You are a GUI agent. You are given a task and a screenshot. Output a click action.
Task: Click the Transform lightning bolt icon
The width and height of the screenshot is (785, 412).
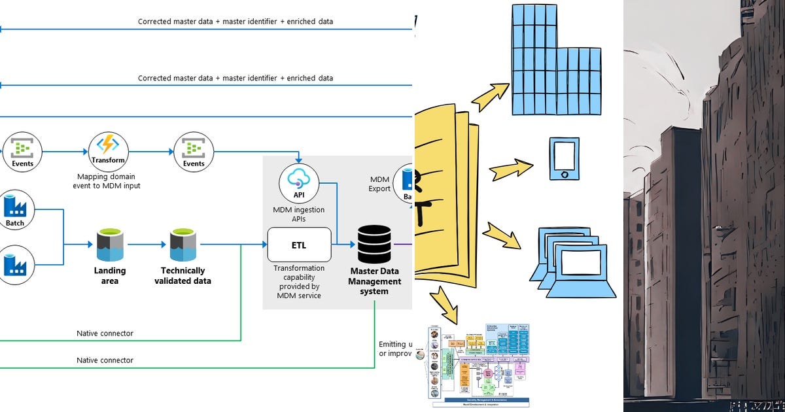pyautogui.click(x=108, y=146)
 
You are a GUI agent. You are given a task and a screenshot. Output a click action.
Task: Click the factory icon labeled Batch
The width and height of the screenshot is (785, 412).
pyautogui.click(x=15, y=207)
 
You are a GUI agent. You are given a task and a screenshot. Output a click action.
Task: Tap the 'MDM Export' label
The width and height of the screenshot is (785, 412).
pyautogui.click(x=380, y=184)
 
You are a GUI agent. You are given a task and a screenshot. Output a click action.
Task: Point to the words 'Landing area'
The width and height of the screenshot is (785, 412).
pyautogui.click(x=110, y=275)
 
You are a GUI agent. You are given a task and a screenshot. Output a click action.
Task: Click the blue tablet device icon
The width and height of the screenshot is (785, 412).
pyautogui.click(x=564, y=158)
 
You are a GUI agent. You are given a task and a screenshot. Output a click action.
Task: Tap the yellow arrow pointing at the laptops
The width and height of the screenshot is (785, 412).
pyautogui.click(x=501, y=235)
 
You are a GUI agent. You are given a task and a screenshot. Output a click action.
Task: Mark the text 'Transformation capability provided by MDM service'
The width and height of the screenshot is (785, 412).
pyautogui.click(x=298, y=281)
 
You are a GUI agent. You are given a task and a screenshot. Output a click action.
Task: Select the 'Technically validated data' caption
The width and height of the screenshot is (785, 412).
pyautogui.click(x=183, y=275)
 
